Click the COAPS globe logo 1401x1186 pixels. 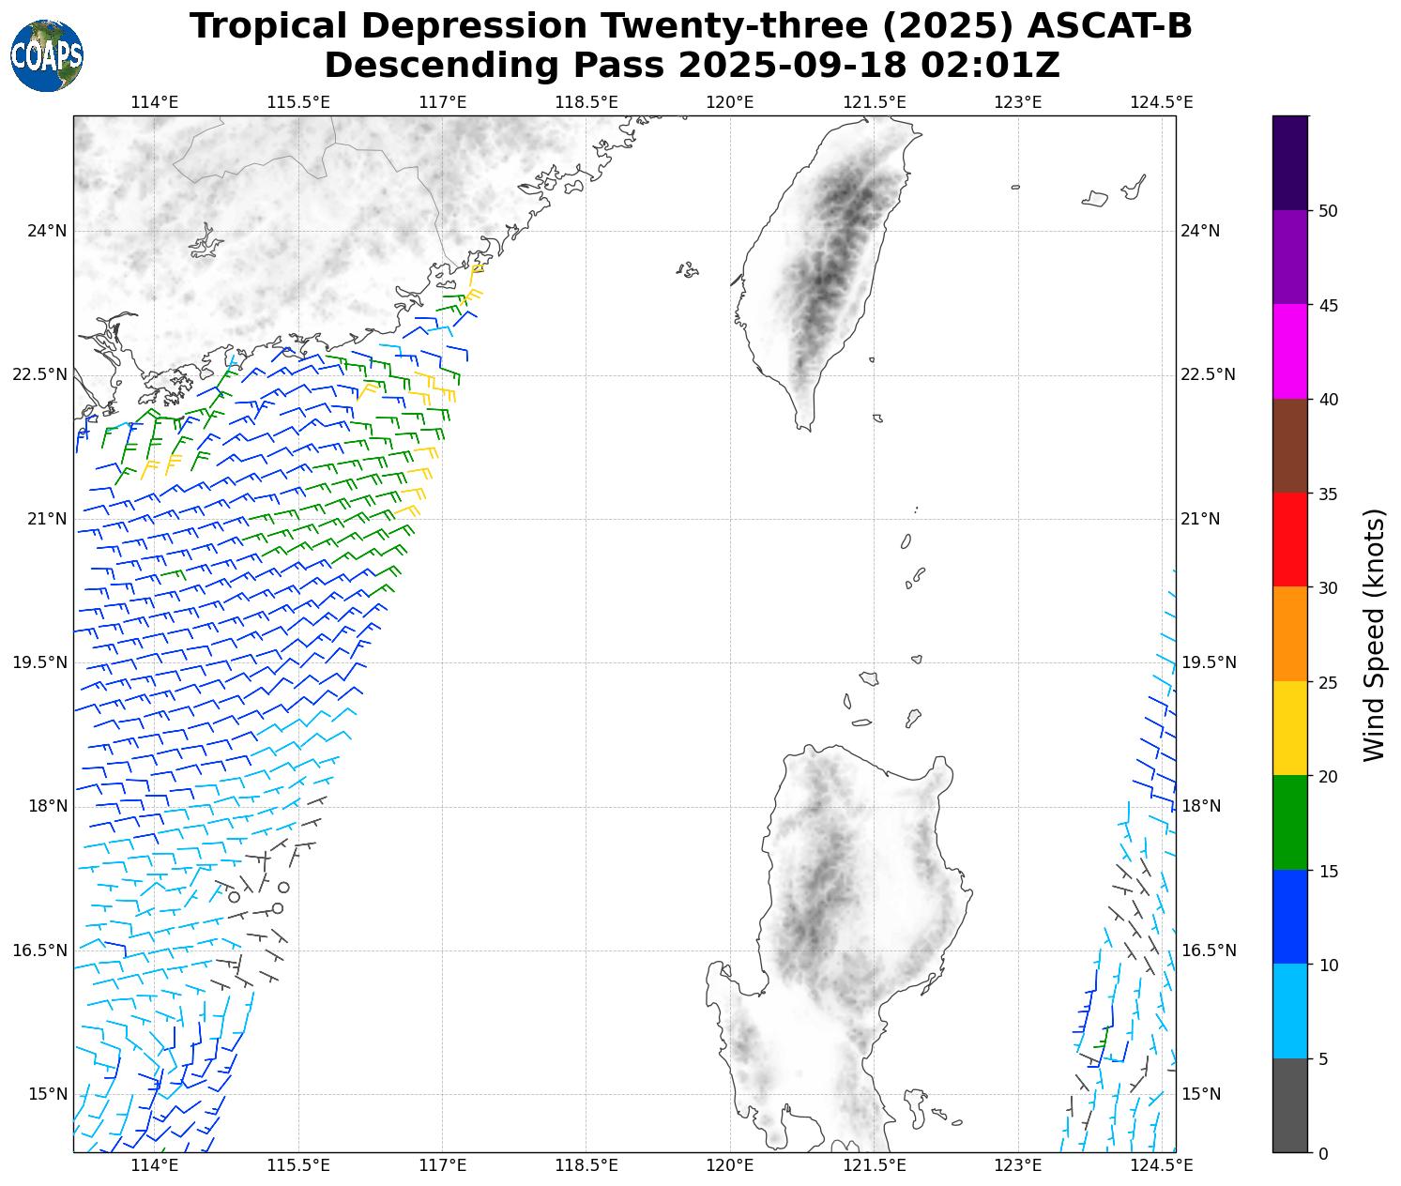click(47, 55)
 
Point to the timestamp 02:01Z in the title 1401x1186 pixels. click(990, 66)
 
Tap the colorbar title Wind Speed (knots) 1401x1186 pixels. click(1374, 634)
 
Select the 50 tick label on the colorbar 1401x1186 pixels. click(1328, 211)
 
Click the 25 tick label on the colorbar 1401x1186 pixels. click(1328, 682)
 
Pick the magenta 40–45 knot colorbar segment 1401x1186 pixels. click(1290, 352)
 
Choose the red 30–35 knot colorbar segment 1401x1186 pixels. click(1290, 540)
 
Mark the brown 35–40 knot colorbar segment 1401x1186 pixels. click(1290, 446)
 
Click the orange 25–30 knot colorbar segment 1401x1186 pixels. click(1290, 634)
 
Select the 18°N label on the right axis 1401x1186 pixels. click(1200, 806)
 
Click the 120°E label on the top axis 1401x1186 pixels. click(730, 101)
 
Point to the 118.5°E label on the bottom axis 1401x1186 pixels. click(586, 1165)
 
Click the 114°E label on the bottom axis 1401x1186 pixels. click(154, 1165)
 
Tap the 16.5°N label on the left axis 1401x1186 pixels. click(40, 950)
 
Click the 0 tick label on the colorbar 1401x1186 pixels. click(1323, 1153)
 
